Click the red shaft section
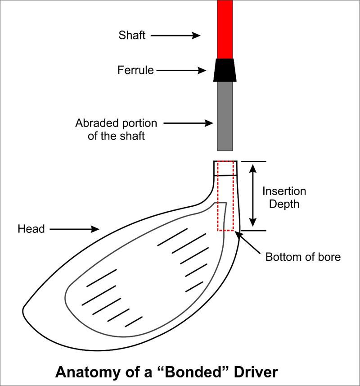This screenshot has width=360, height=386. (x=225, y=29)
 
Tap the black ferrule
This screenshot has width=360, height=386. (x=225, y=70)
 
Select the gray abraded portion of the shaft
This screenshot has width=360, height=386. (x=225, y=116)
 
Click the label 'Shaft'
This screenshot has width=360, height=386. (x=132, y=35)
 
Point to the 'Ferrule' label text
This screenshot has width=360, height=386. (x=135, y=70)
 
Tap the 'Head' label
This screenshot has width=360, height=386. (x=31, y=229)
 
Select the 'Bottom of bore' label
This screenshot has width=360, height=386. (x=303, y=257)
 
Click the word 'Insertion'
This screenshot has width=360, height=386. (x=284, y=191)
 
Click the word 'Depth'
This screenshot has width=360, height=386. (x=284, y=204)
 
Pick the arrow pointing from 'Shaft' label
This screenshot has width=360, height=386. (x=175, y=36)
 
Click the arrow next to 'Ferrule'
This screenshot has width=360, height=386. (x=181, y=70)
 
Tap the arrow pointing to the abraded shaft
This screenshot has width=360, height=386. (x=189, y=123)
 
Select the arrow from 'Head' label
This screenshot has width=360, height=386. (x=75, y=229)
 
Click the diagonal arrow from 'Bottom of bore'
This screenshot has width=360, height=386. (x=247, y=242)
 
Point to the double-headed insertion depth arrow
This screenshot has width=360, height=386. (x=253, y=195)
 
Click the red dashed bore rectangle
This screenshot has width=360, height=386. (x=217, y=196)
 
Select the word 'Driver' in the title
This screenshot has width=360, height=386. (x=256, y=372)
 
